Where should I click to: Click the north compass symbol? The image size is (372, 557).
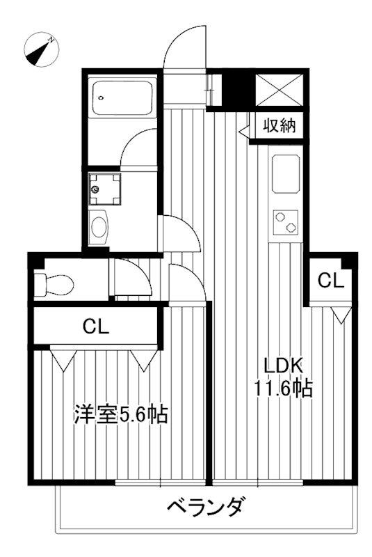tap(42, 49)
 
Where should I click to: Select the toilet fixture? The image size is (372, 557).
tap(54, 284)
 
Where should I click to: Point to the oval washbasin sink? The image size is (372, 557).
tap(99, 228)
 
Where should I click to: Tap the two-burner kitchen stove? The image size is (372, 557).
tap(286, 223)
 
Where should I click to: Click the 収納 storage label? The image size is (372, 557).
tap(280, 125)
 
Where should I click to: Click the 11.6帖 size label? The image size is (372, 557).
tap(282, 389)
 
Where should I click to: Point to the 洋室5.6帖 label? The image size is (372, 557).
tap(120, 414)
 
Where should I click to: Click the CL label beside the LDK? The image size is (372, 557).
tap(331, 281)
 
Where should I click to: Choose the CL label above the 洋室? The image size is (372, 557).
tap(96, 326)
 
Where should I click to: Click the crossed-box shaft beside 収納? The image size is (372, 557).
tap(280, 90)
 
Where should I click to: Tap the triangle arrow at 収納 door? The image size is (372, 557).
tap(244, 131)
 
